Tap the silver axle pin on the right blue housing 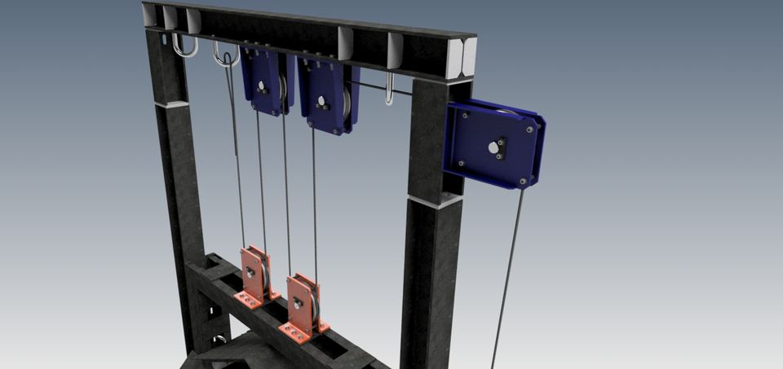(493, 147)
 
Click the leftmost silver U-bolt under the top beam (186, 47)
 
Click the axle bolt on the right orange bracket (299, 303)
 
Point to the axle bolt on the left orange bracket (253, 272)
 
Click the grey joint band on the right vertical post (432, 201)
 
